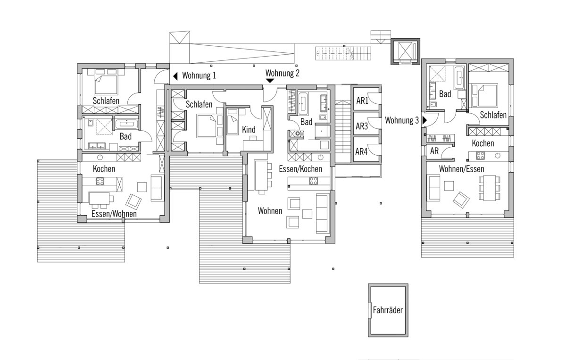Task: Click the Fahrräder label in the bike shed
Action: point(388,310)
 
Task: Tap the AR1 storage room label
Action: point(362,100)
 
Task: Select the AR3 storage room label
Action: point(362,126)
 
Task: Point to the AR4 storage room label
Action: point(361,151)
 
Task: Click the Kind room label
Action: point(249,129)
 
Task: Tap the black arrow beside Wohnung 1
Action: point(175,76)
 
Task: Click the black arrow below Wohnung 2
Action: point(270,81)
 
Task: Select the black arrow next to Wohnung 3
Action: point(424,120)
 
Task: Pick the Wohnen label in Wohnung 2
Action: point(270,210)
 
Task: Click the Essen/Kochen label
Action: point(300,169)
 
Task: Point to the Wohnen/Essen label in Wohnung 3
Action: point(461,169)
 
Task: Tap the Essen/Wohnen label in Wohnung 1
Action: point(114,214)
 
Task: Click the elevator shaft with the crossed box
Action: point(405,51)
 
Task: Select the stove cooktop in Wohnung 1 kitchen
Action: point(100,181)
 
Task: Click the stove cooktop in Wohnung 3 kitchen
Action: point(480,156)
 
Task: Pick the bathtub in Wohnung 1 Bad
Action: point(126,125)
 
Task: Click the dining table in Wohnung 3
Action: point(490,188)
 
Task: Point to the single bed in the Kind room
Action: point(233,121)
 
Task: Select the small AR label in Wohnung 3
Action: point(434,151)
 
